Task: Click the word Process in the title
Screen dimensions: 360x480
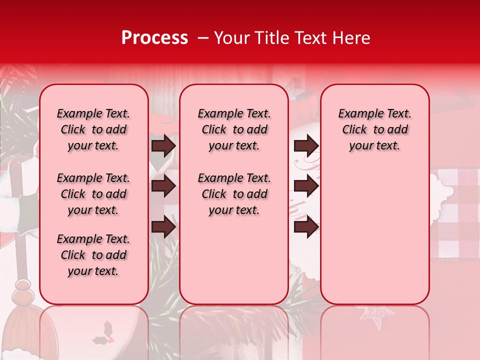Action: [154, 37]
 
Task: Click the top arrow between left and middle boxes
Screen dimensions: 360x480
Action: [163, 145]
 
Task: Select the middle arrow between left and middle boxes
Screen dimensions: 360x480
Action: [163, 186]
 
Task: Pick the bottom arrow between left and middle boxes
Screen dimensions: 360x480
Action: [163, 227]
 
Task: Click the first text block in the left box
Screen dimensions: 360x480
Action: [93, 129]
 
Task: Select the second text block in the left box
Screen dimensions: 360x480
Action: [93, 194]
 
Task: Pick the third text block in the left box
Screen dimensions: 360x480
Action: [93, 255]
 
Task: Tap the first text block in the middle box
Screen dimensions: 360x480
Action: [234, 129]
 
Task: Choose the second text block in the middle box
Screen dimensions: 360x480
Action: [234, 194]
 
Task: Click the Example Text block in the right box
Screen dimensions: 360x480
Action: [374, 129]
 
